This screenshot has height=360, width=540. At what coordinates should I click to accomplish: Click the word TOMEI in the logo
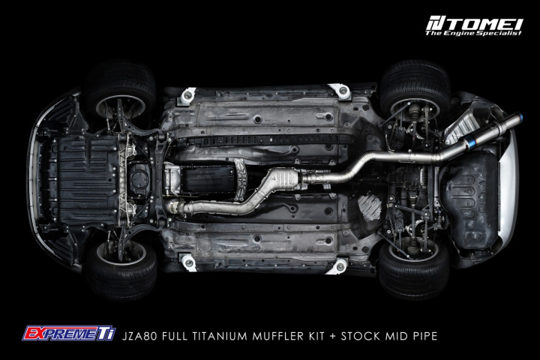[482, 24]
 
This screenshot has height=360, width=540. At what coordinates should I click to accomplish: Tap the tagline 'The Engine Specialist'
[473, 33]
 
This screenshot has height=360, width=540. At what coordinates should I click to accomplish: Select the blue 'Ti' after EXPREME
[106, 334]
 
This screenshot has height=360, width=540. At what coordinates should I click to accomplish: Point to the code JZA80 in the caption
[139, 336]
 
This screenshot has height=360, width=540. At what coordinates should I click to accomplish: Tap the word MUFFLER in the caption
[278, 336]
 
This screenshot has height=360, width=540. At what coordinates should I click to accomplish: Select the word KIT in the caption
[316, 336]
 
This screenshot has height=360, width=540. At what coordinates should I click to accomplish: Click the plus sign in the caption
[333, 336]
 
